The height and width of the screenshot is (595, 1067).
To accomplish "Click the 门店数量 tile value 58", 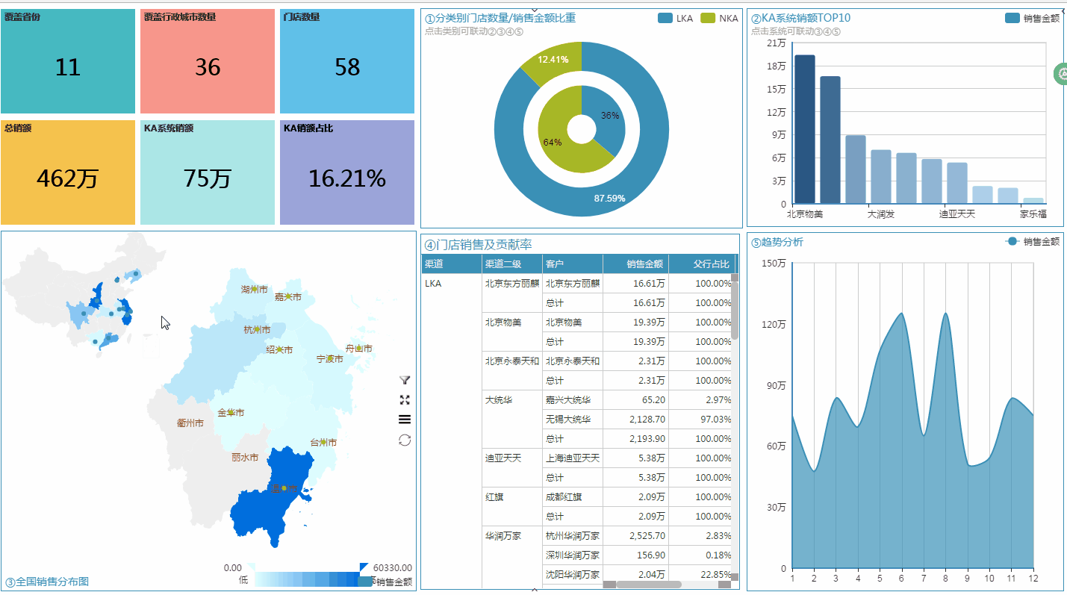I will point(347,68).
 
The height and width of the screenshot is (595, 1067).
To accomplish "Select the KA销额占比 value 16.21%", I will point(346,179).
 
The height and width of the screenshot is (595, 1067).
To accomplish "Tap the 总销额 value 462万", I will point(67,179).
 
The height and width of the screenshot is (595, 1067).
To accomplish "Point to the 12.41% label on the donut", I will point(553,60).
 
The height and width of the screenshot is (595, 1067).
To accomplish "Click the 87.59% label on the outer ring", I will point(609,198).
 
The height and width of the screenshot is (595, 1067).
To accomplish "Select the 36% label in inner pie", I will point(610,116).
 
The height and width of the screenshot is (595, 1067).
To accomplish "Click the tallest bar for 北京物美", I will point(804,128).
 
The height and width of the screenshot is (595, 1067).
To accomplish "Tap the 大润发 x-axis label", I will point(880,214).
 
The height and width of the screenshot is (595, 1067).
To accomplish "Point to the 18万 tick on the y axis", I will point(776,66).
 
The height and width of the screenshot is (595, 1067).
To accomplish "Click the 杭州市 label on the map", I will point(258,329).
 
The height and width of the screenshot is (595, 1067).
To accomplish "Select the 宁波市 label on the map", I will point(329,359).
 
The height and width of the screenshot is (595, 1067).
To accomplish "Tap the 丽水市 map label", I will point(245,457).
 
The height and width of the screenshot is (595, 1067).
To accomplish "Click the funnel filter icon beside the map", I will point(405,380).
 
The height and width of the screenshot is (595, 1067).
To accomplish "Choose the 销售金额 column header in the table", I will point(644,264).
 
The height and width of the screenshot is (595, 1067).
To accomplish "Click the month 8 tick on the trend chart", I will point(945,578).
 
